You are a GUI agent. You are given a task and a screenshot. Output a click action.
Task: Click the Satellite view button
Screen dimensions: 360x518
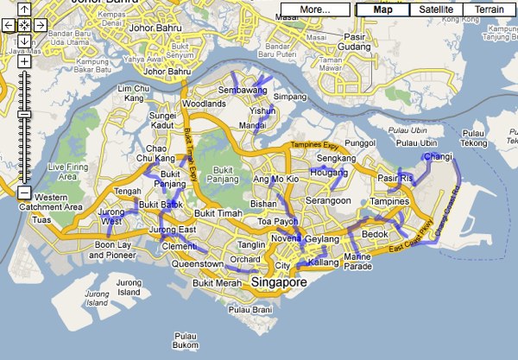coord(436,9)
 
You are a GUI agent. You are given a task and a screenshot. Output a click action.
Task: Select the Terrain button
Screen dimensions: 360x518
coord(489,9)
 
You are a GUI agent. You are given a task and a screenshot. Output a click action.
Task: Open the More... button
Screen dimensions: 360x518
coord(315,9)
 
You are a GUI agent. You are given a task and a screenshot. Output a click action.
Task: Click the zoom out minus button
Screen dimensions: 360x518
coord(24,193)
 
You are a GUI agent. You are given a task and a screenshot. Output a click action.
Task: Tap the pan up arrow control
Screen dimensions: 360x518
coord(24,10)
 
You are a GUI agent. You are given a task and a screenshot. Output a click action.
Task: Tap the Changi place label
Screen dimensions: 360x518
coord(439,156)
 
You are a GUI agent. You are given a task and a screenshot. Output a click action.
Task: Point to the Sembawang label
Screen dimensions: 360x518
coord(241,90)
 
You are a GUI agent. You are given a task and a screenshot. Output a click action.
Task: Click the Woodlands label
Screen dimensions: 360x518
coord(205,104)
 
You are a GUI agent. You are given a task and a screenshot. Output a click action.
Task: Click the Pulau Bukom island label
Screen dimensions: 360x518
coord(186,341)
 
